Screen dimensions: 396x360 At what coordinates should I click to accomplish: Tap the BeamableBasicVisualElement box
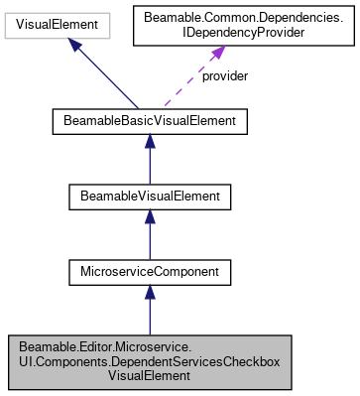pyautogui.click(x=149, y=122)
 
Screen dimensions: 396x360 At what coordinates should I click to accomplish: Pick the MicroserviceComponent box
pyautogui.click(x=149, y=269)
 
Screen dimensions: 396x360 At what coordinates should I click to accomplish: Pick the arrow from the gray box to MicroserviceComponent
pyautogui.click(x=149, y=313)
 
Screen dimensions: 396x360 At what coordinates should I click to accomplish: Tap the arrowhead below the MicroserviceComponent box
pyautogui.click(x=149, y=292)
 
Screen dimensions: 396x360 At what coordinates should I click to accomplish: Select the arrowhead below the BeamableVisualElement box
pyautogui.click(x=149, y=218)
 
